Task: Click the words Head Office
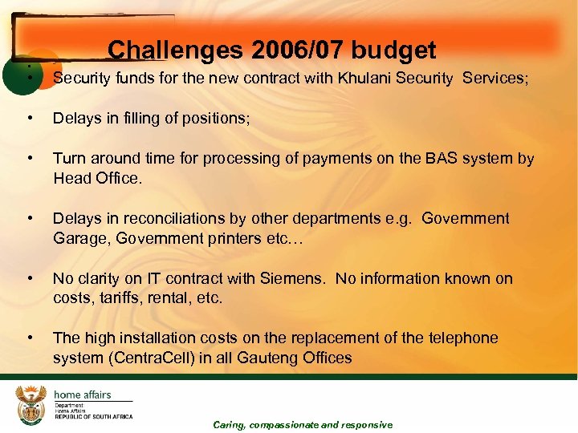97,179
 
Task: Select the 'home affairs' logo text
83,395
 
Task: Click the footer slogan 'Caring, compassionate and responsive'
303,425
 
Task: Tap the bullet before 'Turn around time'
30,159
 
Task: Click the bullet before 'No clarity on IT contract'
30,278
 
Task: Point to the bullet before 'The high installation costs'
30,338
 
